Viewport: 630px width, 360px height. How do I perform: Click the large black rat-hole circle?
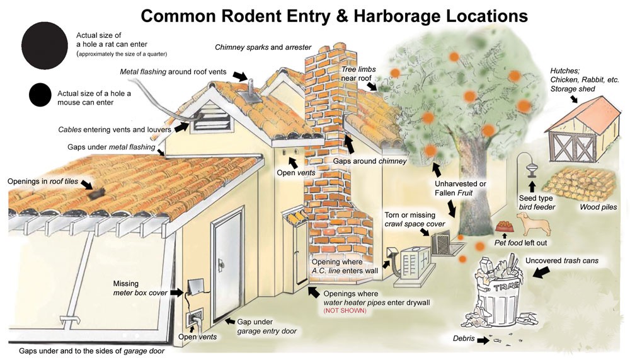(45, 45)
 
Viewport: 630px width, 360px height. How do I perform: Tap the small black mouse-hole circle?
(40, 95)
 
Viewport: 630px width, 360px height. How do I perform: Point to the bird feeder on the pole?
(532, 171)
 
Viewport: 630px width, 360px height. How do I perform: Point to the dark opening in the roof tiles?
(97, 194)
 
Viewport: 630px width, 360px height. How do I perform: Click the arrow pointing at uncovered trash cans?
(541, 272)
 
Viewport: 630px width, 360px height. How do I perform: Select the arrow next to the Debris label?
(483, 340)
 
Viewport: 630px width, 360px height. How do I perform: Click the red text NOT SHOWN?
(345, 311)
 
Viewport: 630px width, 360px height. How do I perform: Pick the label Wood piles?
(598, 207)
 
